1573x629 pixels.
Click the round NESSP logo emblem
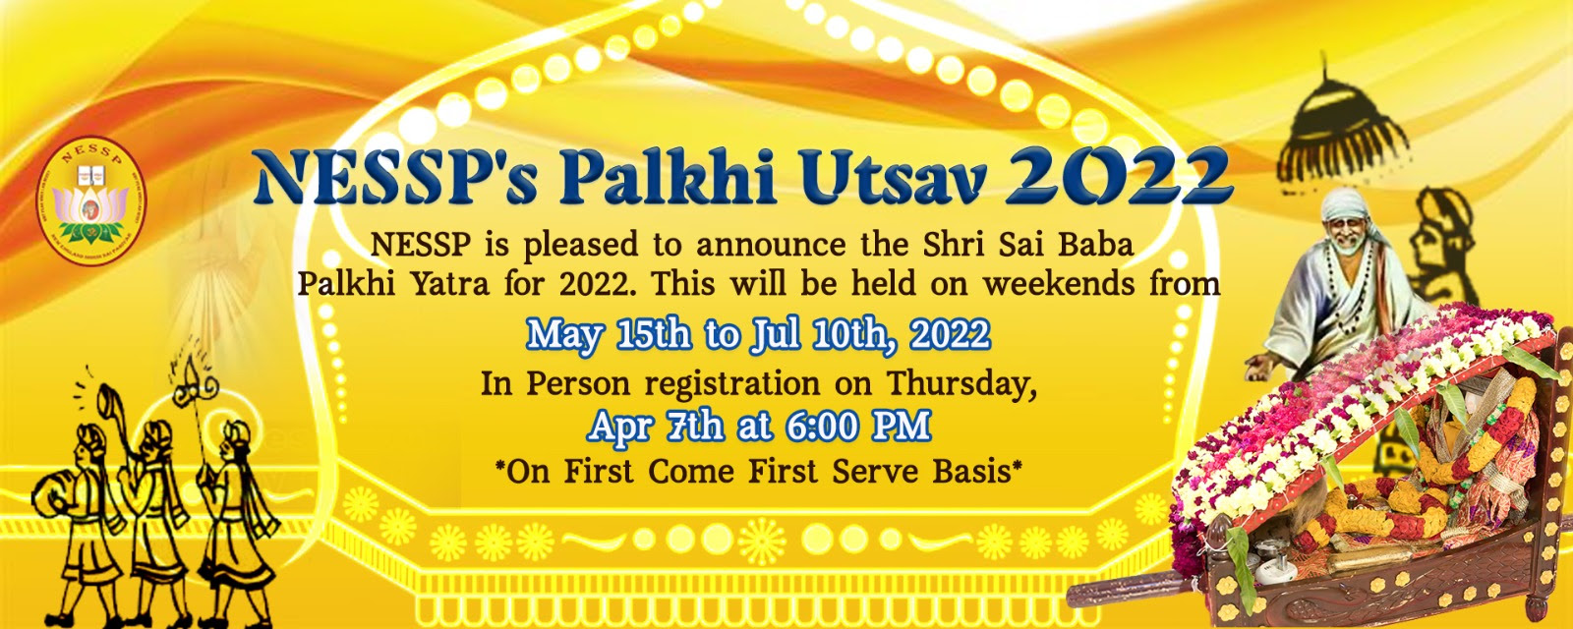(91, 200)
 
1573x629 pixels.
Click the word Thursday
(961, 384)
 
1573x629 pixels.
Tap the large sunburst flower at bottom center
(762, 542)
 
